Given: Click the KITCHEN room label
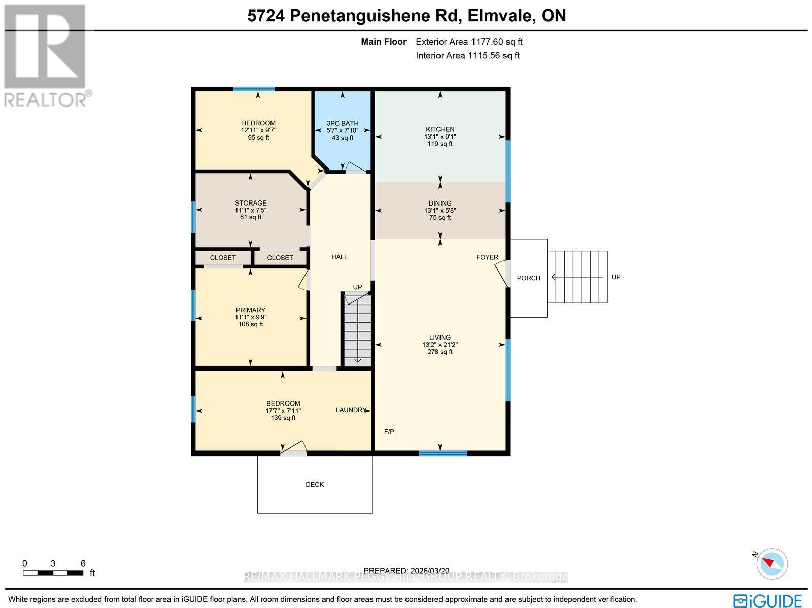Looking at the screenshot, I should click(439, 129).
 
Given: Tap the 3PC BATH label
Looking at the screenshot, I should click(343, 123).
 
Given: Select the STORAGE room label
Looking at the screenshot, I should click(251, 203).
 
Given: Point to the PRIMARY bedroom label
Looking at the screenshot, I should click(251, 310).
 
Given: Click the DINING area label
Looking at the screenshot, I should click(439, 204).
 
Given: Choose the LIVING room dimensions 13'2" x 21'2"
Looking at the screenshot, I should click(439, 345).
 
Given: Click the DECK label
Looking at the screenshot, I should click(315, 485).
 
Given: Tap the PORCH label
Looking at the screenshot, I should click(528, 278).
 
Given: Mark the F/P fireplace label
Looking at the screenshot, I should click(389, 432).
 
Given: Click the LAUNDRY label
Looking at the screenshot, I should click(351, 410).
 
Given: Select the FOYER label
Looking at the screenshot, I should click(487, 257).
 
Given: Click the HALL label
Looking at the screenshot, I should click(340, 257).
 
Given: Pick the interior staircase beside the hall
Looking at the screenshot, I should click(357, 330).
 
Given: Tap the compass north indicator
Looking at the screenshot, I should click(771, 563).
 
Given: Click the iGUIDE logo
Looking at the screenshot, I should click(768, 600).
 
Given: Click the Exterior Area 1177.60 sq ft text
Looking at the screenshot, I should click(469, 42).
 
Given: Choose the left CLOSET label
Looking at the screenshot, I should click(223, 258).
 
